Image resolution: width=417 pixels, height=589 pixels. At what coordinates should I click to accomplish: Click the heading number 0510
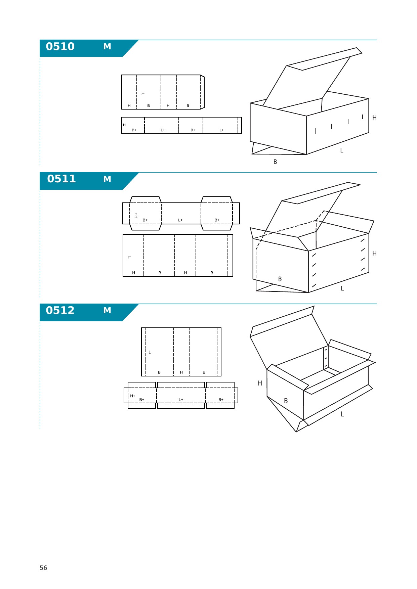(60, 46)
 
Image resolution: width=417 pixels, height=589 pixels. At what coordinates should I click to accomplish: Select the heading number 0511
(61, 179)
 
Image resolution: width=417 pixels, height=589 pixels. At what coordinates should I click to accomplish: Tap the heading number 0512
(60, 310)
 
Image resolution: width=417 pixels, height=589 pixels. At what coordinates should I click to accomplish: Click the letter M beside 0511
(107, 179)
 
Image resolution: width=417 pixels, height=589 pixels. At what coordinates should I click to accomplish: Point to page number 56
(43, 568)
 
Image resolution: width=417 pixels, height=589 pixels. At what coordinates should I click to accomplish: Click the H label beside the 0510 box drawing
(374, 118)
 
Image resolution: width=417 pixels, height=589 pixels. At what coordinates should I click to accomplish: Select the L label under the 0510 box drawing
(342, 150)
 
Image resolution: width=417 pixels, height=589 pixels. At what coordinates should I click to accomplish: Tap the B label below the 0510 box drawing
(275, 162)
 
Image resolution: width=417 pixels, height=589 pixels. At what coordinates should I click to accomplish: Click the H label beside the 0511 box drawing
(374, 254)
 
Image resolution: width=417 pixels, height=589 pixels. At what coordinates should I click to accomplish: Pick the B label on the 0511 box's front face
(280, 279)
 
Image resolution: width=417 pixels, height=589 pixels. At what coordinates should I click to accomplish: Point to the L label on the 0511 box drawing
(342, 288)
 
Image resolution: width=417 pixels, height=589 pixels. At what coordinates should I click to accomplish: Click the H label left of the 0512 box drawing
(260, 383)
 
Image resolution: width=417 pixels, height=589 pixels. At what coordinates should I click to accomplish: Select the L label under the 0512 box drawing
(342, 414)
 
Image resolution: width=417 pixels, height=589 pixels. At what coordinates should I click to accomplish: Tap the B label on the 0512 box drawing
(286, 401)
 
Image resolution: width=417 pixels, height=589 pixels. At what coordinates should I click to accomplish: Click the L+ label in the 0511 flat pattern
(180, 220)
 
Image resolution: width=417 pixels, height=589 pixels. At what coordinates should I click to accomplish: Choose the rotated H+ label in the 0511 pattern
(136, 216)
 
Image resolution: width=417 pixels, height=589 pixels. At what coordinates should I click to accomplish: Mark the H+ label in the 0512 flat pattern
(133, 396)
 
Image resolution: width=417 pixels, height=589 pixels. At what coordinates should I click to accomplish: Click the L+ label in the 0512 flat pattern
(181, 400)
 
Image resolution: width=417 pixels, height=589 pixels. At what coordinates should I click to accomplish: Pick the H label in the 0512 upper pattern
(181, 372)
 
